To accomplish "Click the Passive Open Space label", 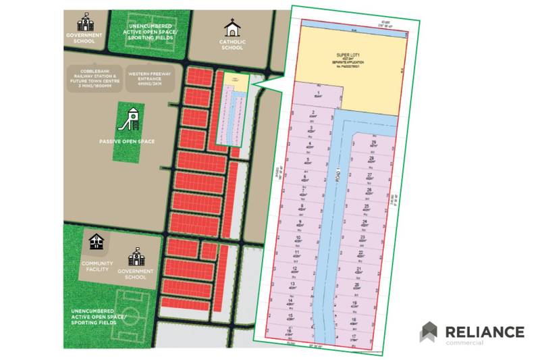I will [127, 141].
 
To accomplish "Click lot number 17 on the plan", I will [354, 336].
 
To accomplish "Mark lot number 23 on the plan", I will [362, 238].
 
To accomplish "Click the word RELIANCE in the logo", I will [484, 332].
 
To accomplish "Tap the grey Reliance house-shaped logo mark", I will [429, 332].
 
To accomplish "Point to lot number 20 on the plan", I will [358, 286].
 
